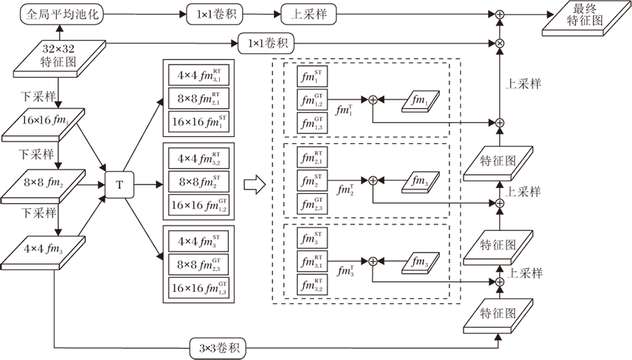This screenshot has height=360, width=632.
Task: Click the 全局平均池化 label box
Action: click(62, 15)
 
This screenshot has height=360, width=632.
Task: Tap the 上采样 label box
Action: click(309, 15)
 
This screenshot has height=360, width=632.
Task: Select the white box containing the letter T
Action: click(119, 185)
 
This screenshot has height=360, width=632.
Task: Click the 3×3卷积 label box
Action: click(218, 349)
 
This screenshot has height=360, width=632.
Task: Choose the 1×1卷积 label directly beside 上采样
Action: click(215, 15)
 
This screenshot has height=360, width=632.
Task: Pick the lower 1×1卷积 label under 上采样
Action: click(267, 44)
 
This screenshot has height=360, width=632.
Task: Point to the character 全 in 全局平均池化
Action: click(32, 15)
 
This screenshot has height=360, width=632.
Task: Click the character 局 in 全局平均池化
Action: click(44, 15)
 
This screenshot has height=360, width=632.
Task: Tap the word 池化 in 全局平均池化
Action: click(86, 15)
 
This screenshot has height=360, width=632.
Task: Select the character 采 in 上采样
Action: click(309, 15)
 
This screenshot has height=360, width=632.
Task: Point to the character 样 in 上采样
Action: click(321, 15)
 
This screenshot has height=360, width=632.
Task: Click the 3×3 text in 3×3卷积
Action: click(206, 349)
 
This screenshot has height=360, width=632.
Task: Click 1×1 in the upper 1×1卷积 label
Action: click(203, 15)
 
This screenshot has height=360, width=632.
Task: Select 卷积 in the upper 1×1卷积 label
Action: click(225, 15)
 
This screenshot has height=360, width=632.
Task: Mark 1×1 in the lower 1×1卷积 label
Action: click(255, 44)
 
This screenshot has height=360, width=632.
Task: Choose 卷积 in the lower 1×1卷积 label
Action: click(277, 44)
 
